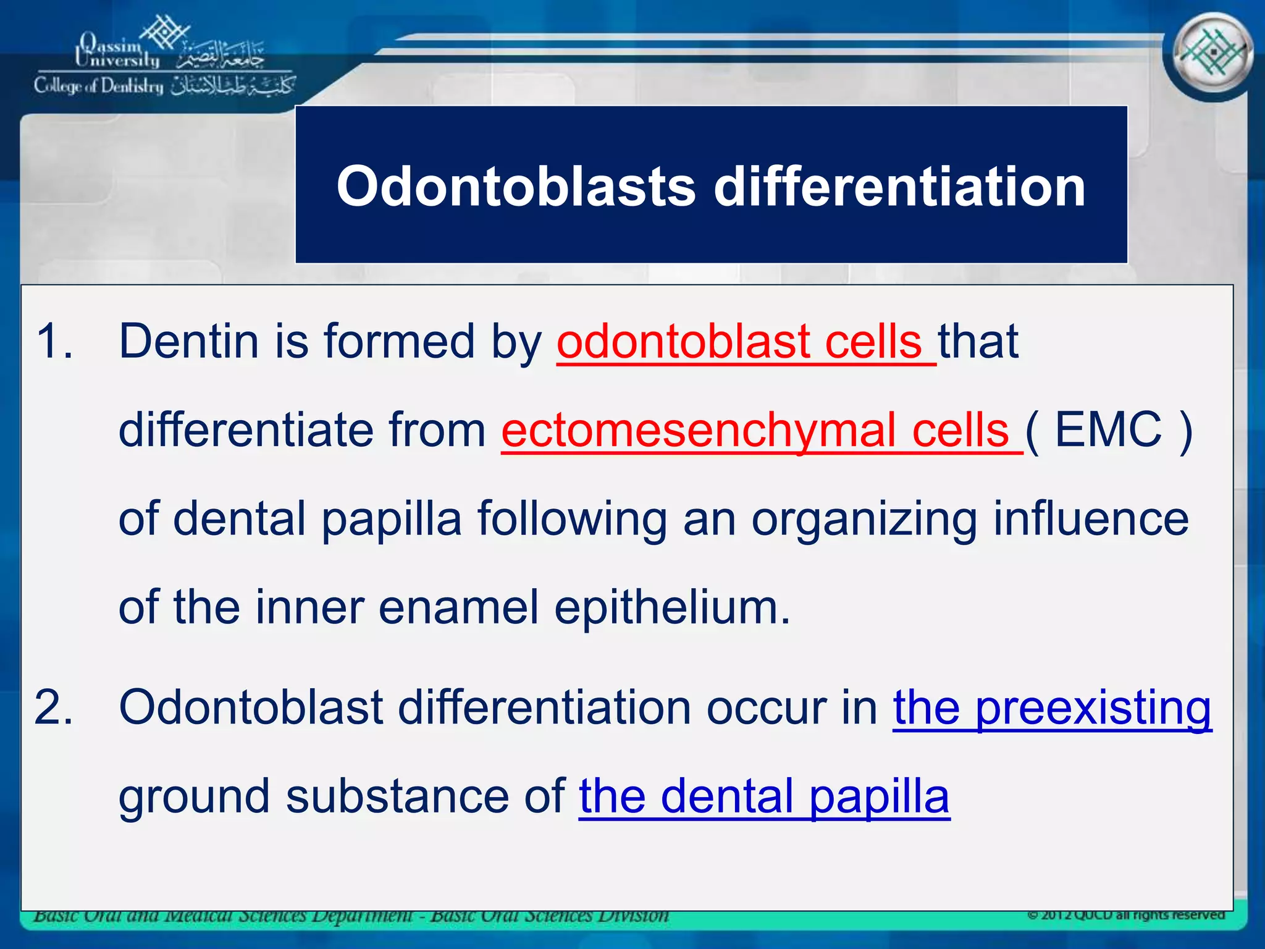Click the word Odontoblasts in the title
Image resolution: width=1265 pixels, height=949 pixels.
click(516, 187)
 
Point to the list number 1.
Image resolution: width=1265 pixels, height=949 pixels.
click(54, 342)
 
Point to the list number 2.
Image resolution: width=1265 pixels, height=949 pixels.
click(54, 707)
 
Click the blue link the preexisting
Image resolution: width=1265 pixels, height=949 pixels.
click(1052, 708)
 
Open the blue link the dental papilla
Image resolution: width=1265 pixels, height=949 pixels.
click(764, 796)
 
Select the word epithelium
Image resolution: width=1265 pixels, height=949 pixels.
click(671, 608)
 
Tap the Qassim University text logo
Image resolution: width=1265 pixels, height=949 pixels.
click(117, 51)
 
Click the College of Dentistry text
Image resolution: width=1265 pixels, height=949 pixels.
click(99, 86)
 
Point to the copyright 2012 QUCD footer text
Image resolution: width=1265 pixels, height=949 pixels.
click(1125, 915)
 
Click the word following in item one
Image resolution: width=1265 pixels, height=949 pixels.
click(572, 520)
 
